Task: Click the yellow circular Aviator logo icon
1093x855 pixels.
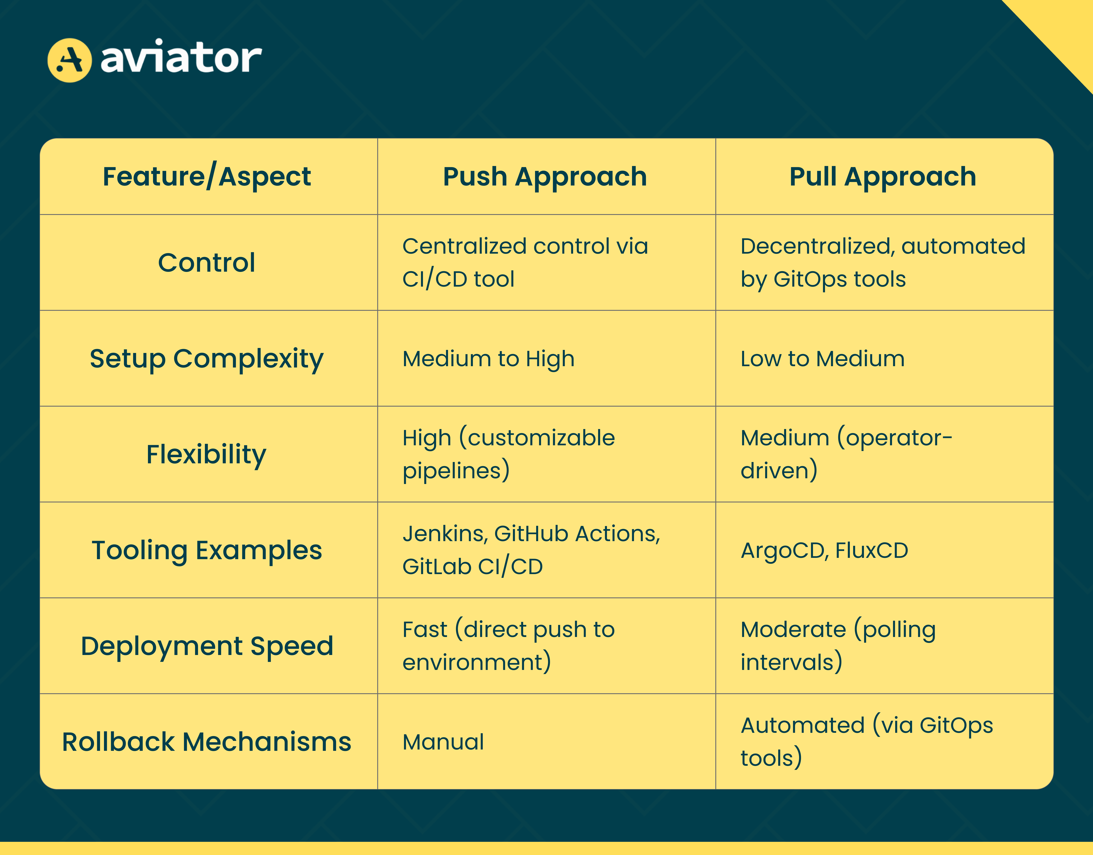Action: [70, 60]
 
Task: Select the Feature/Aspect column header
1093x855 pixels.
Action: [207, 177]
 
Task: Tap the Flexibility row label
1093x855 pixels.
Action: [206, 455]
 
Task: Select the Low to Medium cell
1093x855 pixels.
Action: [823, 359]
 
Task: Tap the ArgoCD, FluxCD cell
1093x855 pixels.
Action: [824, 551]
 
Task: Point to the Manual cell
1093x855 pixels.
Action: [443, 742]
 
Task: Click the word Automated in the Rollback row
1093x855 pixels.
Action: [803, 725]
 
